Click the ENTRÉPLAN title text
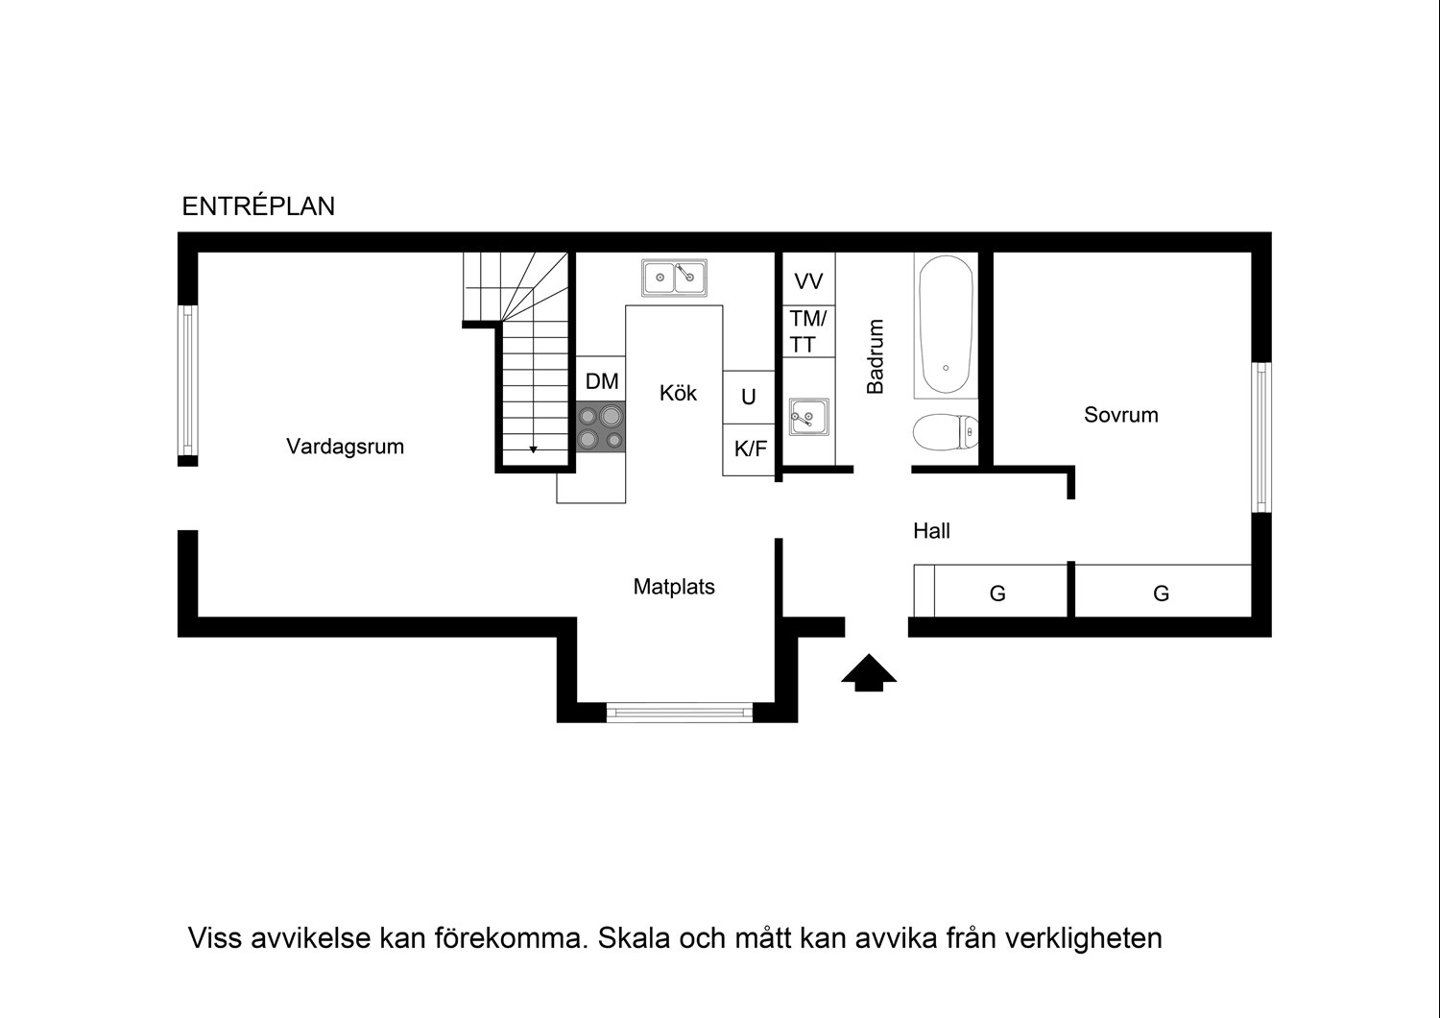click(x=258, y=206)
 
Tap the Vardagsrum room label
click(x=345, y=447)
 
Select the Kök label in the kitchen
click(x=678, y=393)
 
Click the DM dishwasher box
click(x=602, y=381)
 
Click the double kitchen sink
click(x=674, y=278)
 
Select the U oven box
click(x=749, y=397)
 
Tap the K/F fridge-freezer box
click(x=750, y=448)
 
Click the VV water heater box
click(x=808, y=281)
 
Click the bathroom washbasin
click(x=808, y=418)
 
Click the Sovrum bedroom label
click(x=1120, y=415)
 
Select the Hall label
click(x=931, y=530)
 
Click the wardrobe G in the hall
click(x=998, y=594)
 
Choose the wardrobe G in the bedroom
click(x=1161, y=594)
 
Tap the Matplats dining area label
click(x=674, y=587)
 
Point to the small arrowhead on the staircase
click(x=533, y=448)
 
